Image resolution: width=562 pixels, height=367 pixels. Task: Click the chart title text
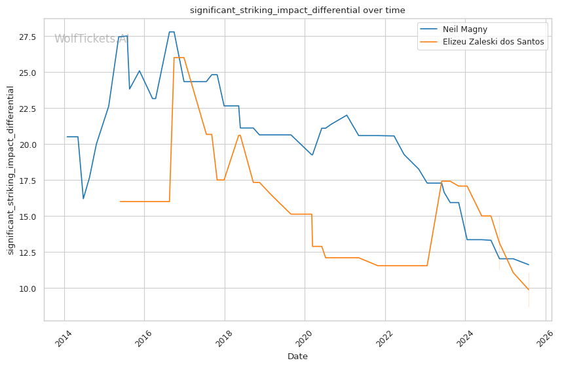pyautogui.click(x=297, y=10)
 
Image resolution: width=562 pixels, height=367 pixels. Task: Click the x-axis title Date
pyautogui.click(x=297, y=357)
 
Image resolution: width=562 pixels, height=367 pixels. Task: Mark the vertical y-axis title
pyautogui.click(x=10, y=171)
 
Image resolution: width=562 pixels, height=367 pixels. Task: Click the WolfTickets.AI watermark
pyautogui.click(x=92, y=39)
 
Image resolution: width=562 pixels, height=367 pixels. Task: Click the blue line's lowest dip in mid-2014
pyautogui.click(x=83, y=198)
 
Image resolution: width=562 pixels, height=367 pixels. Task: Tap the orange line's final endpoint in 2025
pyautogui.click(x=529, y=290)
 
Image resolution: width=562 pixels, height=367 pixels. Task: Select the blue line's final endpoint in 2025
pyautogui.click(x=529, y=264)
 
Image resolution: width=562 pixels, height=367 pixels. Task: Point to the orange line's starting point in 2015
pyautogui.click(x=120, y=201)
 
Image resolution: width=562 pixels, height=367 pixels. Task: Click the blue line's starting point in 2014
pyautogui.click(x=67, y=137)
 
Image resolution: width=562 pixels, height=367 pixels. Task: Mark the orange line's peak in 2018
pyautogui.click(x=240, y=135)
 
